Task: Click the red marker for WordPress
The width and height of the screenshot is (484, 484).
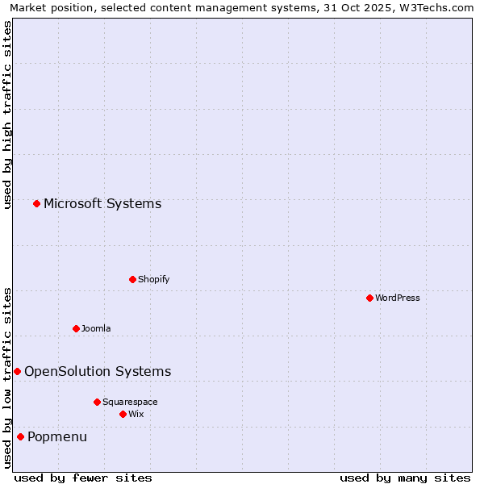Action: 369,298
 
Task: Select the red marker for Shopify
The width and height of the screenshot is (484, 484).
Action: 132,279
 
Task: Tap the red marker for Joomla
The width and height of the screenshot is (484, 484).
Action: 76,328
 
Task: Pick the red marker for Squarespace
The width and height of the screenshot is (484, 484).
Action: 97,402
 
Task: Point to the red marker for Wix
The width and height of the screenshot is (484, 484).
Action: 123,414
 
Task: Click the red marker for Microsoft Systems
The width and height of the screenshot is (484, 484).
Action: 36,203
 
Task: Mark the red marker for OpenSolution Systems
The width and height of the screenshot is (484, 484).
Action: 17,371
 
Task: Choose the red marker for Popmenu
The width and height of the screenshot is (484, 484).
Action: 20,436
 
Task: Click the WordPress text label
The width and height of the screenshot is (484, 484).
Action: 398,298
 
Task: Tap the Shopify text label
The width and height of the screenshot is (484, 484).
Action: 153,279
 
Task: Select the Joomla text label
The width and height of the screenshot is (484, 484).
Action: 96,328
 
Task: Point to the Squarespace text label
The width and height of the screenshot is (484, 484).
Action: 130,402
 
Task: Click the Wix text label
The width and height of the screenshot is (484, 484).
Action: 136,414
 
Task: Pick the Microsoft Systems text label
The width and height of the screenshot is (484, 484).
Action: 102,203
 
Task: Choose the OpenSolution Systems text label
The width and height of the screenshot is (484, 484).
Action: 98,371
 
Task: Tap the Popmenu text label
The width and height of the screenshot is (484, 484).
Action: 57,436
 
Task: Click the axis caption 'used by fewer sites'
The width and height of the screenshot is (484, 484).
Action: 83,478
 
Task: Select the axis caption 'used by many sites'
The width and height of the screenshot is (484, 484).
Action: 405,478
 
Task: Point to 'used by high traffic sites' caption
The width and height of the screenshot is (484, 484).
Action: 7,115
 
